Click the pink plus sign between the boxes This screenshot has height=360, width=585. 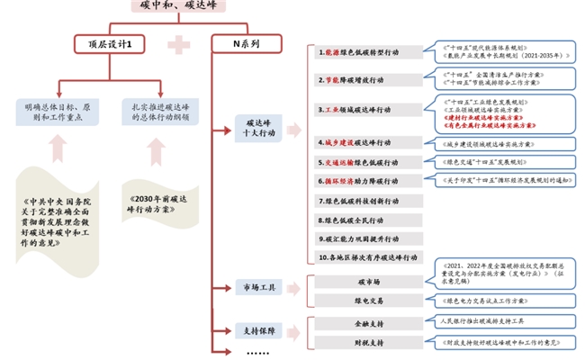[181, 43]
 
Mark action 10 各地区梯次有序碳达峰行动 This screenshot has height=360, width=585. [369, 257]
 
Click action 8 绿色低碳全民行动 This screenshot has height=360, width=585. [369, 220]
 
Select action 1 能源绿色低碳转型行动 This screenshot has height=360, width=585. [369, 53]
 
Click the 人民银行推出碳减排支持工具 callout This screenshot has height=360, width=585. [491, 320]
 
